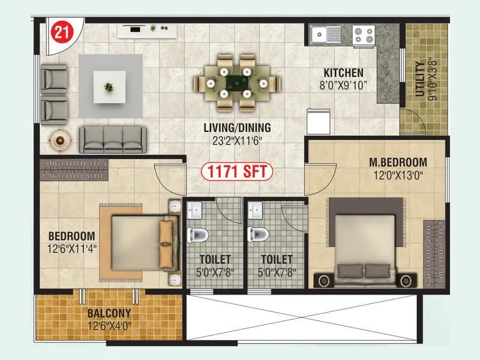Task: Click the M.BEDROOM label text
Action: pyautogui.click(x=397, y=162)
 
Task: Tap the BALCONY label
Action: pyautogui.click(x=109, y=314)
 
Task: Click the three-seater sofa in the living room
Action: pyautogui.click(x=112, y=139)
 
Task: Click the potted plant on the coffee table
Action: pyautogui.click(x=109, y=86)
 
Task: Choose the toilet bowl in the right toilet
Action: pyautogui.click(x=259, y=233)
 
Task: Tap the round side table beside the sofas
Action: pyautogui.click(x=59, y=140)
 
